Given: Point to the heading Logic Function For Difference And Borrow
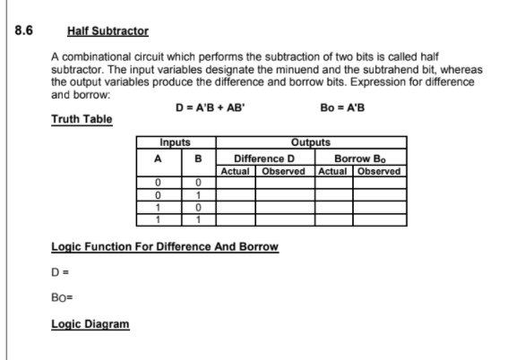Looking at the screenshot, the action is (165, 244).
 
